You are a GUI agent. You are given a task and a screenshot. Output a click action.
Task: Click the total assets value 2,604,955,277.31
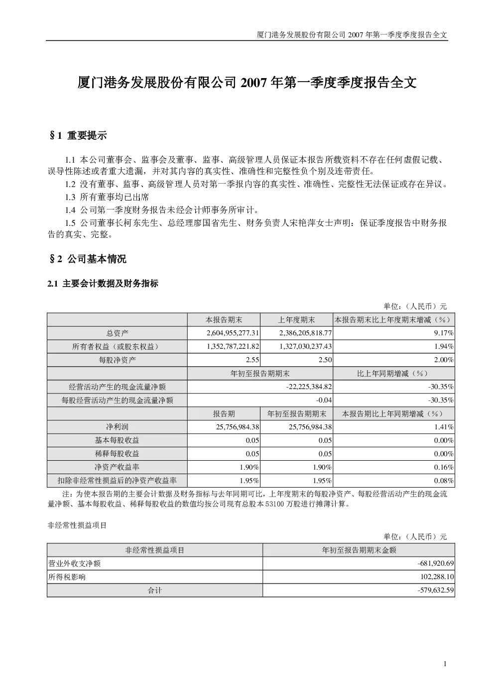point(233,333)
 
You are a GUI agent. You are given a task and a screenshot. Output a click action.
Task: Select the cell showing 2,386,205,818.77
point(306,333)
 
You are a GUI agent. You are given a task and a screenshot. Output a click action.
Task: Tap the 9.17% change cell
point(444,333)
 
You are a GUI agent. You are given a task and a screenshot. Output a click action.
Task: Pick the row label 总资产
point(117,333)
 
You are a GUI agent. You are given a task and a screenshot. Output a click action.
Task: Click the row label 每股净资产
point(117,360)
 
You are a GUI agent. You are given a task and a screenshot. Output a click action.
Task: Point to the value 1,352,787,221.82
point(233,346)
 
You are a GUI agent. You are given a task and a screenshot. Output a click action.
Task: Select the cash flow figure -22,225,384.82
point(309,387)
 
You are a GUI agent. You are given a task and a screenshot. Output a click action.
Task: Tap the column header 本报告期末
point(224,320)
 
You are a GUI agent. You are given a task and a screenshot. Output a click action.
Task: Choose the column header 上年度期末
point(296,320)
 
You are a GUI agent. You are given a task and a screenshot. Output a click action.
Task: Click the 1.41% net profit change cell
point(444,427)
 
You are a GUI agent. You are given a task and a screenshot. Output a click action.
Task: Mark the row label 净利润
point(117,427)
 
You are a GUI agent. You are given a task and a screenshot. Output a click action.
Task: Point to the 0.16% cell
point(444,467)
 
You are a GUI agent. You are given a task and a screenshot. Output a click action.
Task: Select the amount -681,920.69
point(436,563)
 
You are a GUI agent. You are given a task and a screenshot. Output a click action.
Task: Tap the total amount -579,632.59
point(436,590)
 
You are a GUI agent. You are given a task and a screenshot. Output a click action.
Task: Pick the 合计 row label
point(155,591)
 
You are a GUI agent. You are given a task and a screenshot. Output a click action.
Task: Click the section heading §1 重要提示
point(78,135)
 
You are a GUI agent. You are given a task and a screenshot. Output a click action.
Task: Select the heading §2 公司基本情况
point(88,259)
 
